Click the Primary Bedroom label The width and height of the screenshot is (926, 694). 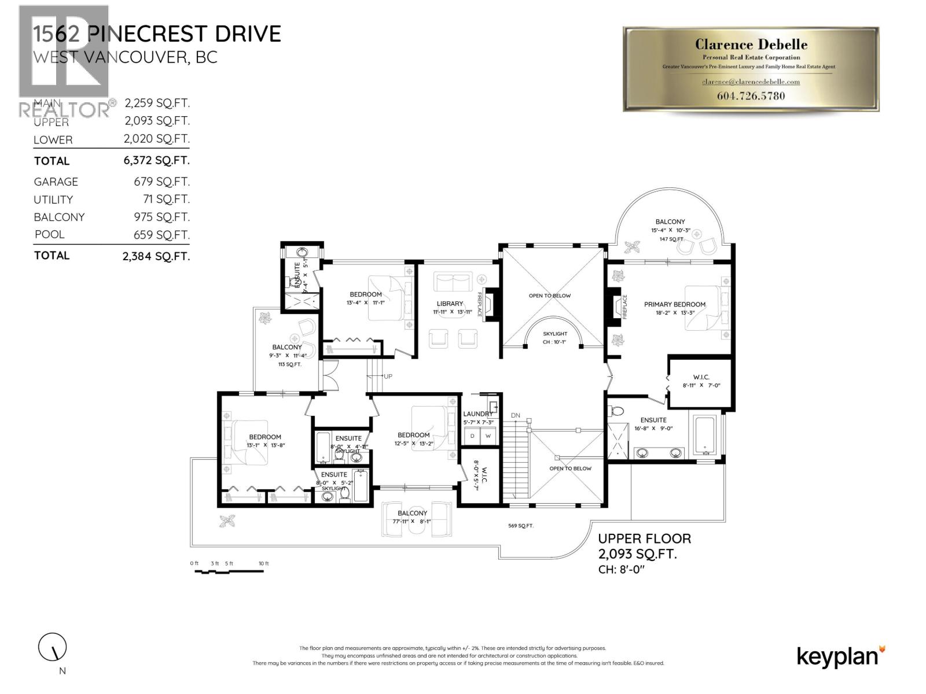674,304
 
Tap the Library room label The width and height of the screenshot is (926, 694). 450,304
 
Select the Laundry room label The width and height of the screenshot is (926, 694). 478,414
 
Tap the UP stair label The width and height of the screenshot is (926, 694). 388,376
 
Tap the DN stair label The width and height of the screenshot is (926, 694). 515,416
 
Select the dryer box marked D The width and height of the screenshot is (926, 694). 472,436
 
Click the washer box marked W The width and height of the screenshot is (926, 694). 488,436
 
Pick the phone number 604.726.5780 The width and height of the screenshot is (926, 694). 751,96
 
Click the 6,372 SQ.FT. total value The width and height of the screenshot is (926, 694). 156,160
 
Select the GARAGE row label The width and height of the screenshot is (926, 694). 56,182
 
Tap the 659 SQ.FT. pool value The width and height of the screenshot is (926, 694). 156,235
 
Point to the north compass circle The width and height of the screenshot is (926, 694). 53,647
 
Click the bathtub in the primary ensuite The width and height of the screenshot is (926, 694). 704,434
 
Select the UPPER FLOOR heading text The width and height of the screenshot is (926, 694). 644,538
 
